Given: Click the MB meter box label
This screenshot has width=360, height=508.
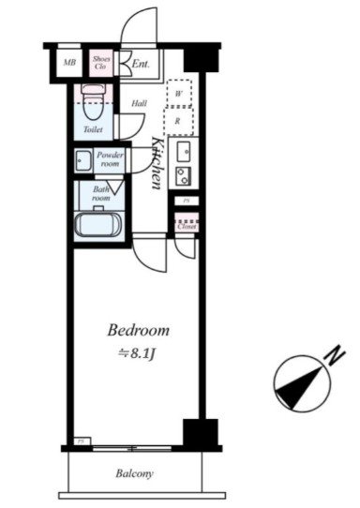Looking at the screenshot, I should pos(68,65).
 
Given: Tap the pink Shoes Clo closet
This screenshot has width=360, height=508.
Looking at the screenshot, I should pos(101,64).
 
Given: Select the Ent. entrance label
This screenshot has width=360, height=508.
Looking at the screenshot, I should pos(141,65).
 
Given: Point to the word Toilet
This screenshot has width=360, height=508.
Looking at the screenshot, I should pos(93,130).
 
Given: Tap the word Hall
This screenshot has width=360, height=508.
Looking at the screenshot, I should pos(139,104).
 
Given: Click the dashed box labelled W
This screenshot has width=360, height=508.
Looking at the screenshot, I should pos(177,94).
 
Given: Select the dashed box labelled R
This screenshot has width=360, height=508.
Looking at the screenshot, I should pos(177,121).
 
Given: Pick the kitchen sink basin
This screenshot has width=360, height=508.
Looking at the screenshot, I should pos(183,152).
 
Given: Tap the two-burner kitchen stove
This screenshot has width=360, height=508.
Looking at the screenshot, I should pos(183,174).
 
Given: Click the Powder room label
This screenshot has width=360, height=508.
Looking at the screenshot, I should pos(111,158).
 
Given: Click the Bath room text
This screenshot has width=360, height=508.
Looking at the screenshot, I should pos(100,194).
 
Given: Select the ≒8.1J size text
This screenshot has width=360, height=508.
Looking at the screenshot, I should pos(137,352).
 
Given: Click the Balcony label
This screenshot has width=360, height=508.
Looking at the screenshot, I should pos(135,474).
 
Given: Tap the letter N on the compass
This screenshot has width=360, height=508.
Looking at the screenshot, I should pos(330,354).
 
